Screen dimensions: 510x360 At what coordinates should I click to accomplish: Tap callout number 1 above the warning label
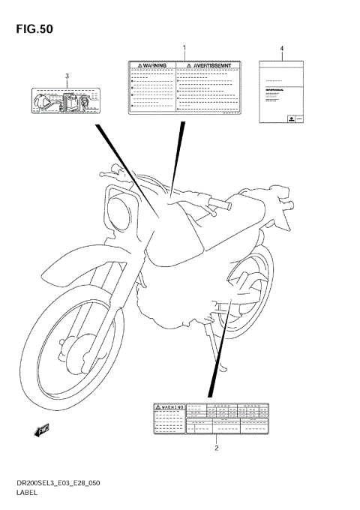click(x=184, y=48)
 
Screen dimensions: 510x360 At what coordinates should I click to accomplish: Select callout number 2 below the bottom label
click(x=216, y=448)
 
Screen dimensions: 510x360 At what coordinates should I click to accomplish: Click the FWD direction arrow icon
click(x=42, y=429)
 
